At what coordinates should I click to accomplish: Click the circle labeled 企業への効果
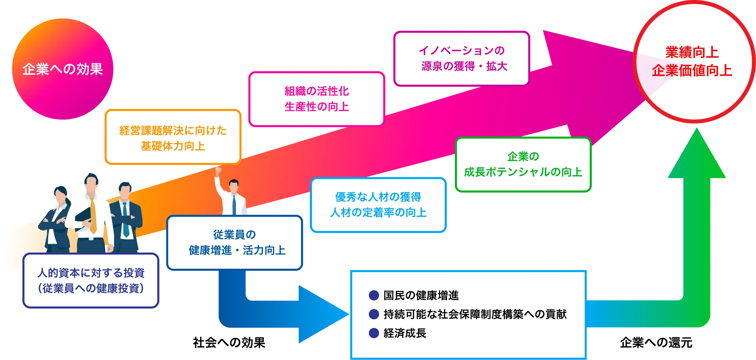(62, 69)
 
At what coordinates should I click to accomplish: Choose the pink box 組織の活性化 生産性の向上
(317, 99)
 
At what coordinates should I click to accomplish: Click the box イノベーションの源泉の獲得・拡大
(462, 58)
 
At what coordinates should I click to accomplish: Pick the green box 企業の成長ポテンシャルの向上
(523, 164)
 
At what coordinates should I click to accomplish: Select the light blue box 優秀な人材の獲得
(378, 205)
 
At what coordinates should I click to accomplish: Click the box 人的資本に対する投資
(91, 280)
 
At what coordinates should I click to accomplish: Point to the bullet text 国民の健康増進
(421, 295)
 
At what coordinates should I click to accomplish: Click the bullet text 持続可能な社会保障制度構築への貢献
(475, 314)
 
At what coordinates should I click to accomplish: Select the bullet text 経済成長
(405, 333)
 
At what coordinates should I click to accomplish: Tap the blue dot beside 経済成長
(374, 333)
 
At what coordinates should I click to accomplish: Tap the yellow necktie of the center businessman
(93, 216)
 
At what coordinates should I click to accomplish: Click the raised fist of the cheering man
(218, 170)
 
